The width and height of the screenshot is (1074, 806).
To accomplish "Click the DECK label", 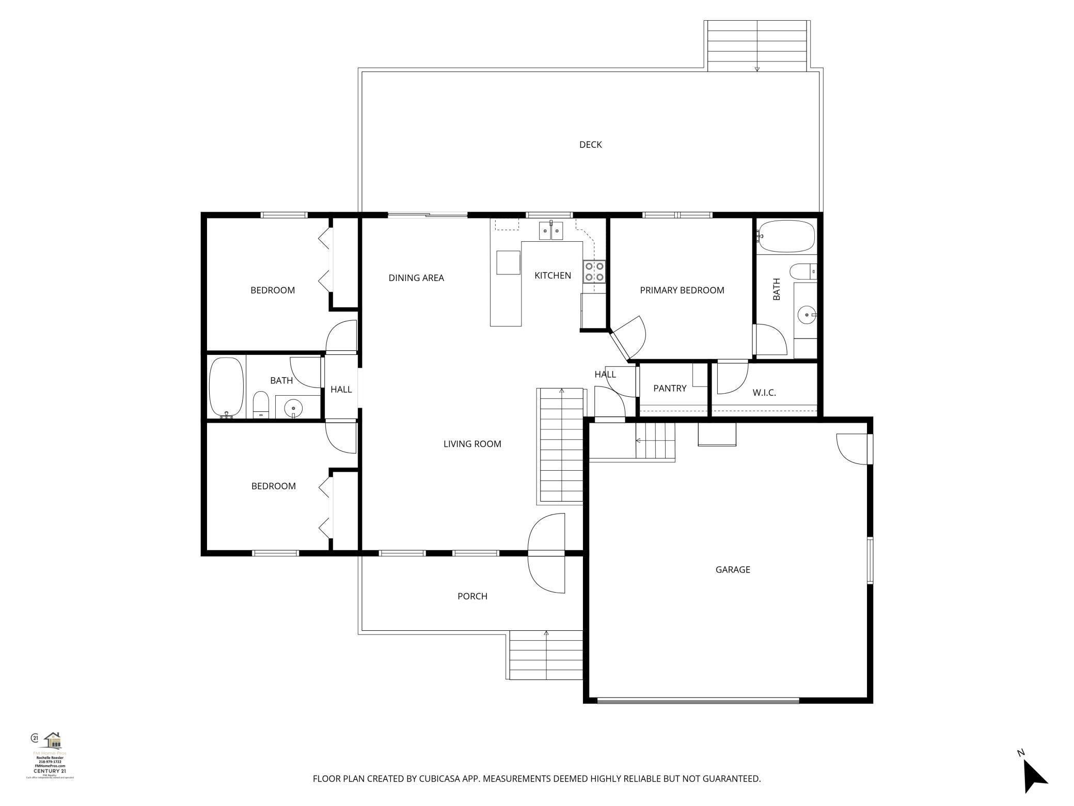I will tap(590, 145).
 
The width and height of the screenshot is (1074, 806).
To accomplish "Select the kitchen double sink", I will tap(551, 231).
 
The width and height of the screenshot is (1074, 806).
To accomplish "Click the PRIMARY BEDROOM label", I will tap(682, 290).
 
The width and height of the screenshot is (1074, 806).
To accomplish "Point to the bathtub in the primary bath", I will tap(785, 237).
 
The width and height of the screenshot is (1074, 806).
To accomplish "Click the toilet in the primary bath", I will tap(802, 271).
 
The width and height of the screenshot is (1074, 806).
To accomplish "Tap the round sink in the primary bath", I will tap(807, 314).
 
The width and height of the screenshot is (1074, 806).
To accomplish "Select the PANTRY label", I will tap(670, 389).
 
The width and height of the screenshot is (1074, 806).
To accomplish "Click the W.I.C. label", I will tap(764, 393).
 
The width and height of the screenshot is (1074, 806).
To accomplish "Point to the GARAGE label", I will tap(732, 570).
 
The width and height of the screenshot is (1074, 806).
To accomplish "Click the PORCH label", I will tap(472, 596).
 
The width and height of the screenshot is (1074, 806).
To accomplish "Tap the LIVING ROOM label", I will tap(472, 444).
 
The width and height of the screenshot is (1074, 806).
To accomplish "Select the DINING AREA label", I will tap(416, 278).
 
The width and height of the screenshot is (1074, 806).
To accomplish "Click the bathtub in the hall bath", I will tap(226, 386).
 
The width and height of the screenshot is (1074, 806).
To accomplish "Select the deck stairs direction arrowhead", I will tap(757, 69).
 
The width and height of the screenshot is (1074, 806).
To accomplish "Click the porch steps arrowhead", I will tap(546, 632).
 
